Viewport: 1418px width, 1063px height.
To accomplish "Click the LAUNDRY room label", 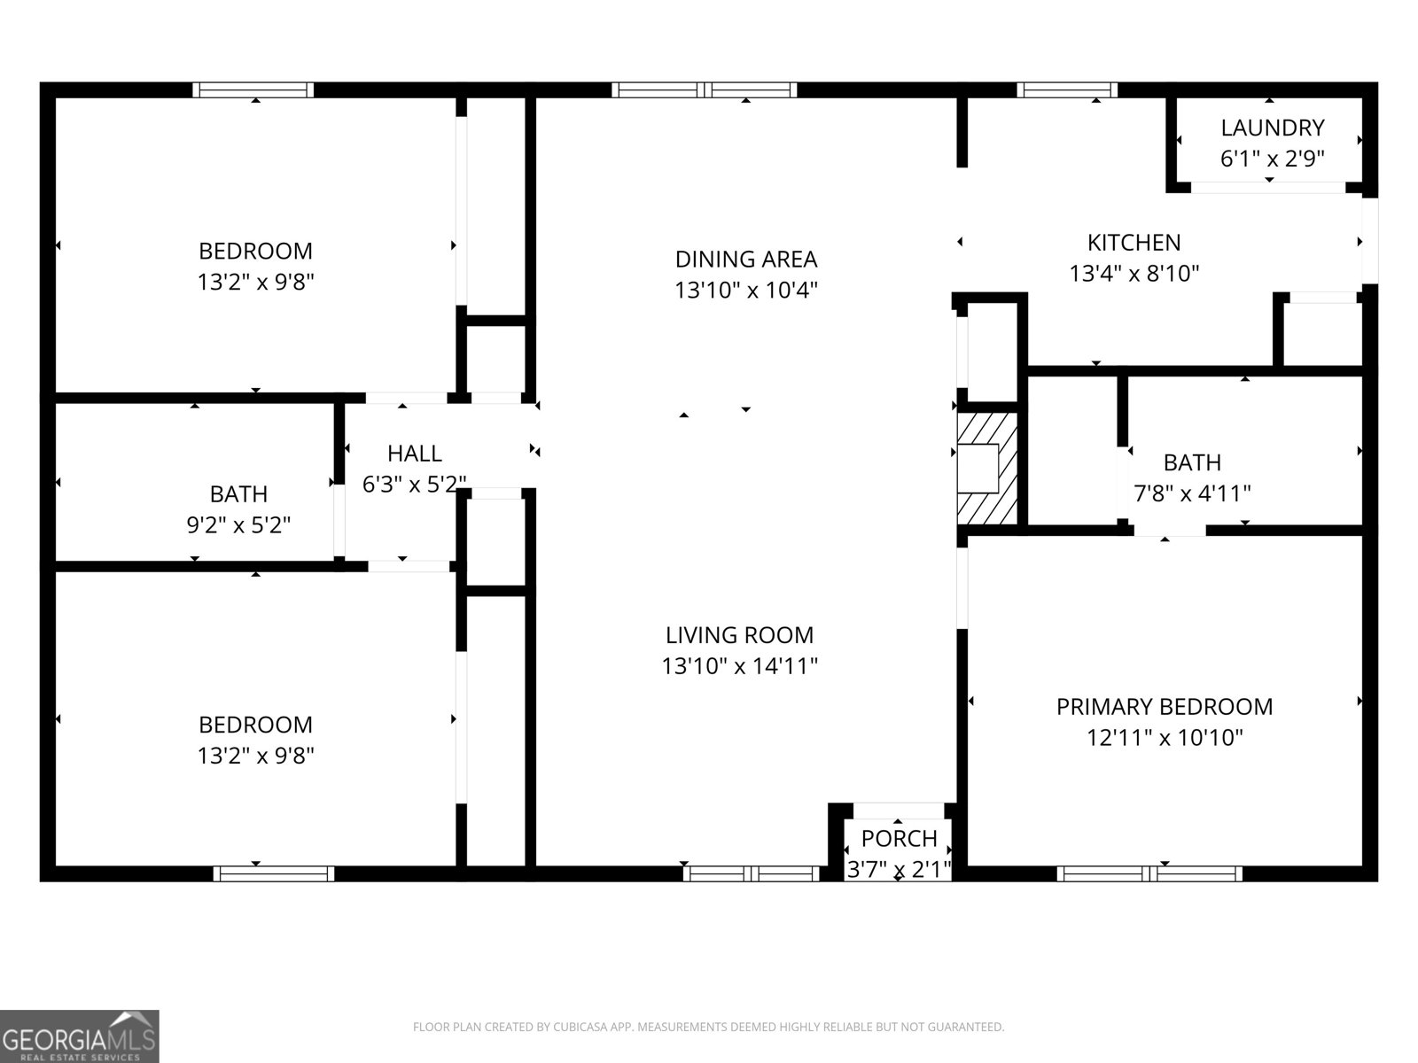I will [1272, 128].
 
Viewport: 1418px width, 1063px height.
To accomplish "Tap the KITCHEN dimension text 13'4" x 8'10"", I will [1134, 273].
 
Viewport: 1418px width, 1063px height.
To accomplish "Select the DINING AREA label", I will [745, 259].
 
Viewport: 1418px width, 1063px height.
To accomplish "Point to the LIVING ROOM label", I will [739, 634].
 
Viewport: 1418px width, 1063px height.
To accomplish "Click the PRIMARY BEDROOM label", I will [1164, 706].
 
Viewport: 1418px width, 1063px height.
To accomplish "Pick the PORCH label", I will [899, 838].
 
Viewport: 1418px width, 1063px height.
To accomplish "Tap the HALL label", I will [414, 454].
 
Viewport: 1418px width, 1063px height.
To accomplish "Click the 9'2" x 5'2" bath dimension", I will [238, 525].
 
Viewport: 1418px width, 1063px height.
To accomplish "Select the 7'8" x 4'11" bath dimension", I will [1192, 493].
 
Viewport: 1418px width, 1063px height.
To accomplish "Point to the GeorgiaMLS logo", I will [80, 1036].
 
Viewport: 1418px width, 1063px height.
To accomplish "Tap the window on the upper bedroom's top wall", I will [253, 89].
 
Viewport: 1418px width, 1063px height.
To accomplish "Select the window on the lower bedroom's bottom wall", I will [274, 873].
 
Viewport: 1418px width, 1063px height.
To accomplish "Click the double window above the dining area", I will [704, 89].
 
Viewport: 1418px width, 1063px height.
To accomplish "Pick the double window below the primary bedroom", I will [1149, 873].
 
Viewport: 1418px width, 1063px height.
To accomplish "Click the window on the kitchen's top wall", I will [1066, 89].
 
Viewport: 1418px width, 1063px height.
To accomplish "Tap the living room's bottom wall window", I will [752, 873].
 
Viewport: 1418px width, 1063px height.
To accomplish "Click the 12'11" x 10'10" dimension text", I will [1165, 737].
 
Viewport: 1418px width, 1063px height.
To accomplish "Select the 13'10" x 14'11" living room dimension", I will [739, 665].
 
